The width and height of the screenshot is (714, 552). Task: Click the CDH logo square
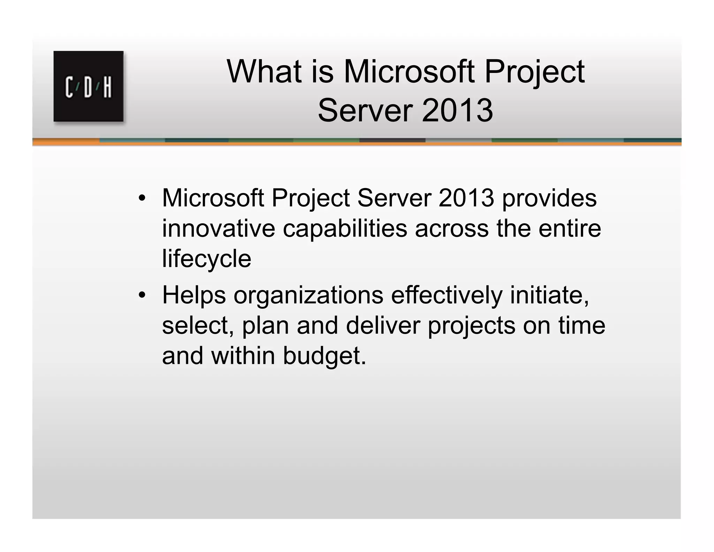(x=88, y=86)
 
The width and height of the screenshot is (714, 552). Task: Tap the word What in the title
(x=264, y=72)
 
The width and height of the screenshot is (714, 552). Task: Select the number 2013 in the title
(x=457, y=111)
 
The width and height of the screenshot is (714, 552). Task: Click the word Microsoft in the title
(x=409, y=72)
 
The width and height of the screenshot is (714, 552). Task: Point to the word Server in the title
(x=365, y=111)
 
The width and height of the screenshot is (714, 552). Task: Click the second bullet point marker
(x=141, y=295)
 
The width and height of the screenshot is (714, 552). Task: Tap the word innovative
(x=219, y=229)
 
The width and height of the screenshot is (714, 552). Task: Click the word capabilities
(x=344, y=229)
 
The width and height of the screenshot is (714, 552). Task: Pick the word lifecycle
(x=206, y=259)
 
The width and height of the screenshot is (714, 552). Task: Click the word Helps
(x=194, y=295)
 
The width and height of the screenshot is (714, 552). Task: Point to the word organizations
(x=308, y=295)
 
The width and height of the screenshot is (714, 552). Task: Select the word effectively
(x=447, y=295)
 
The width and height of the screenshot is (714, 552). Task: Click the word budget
(x=324, y=356)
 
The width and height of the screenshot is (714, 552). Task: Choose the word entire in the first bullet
(x=570, y=229)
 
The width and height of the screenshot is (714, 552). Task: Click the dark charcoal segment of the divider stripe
(x=392, y=140)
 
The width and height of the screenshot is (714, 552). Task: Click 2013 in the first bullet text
(x=466, y=198)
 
